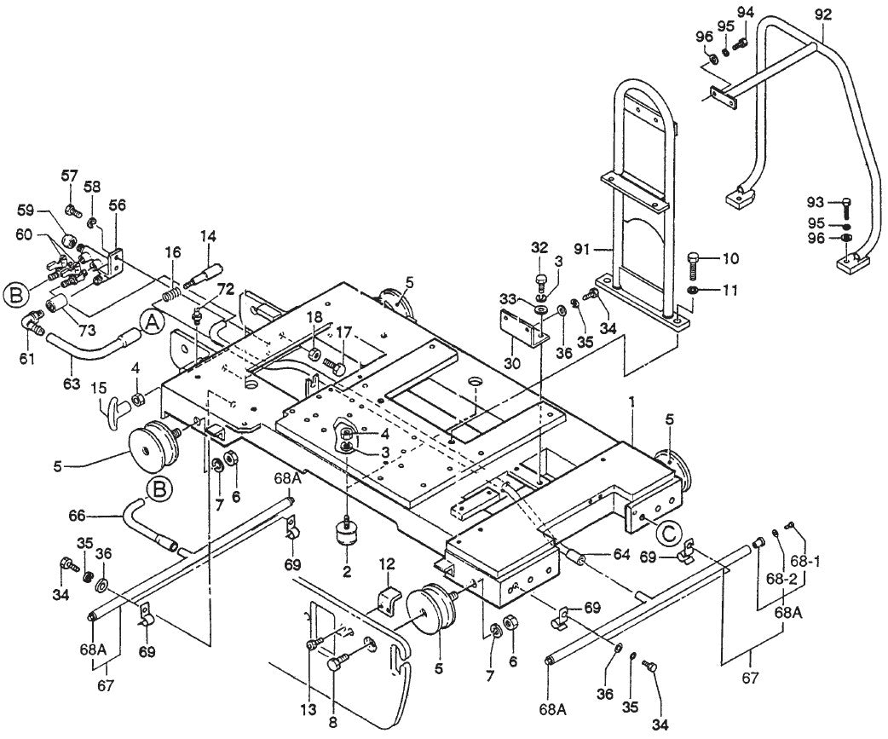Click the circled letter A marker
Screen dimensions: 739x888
click(153, 322)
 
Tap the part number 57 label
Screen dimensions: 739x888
click(69, 176)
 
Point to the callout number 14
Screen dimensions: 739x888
click(209, 235)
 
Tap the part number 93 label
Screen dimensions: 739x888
click(816, 202)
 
